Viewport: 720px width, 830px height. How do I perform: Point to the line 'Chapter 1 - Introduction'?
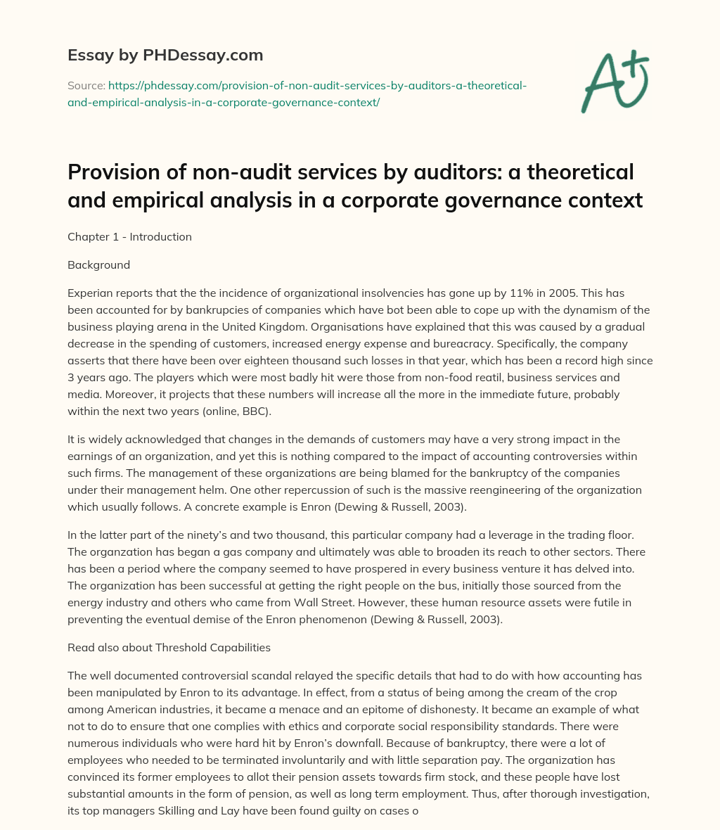pyautogui.click(x=129, y=237)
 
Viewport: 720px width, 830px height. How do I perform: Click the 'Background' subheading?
pyautogui.click(x=98, y=265)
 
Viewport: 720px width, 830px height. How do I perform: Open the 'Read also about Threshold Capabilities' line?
pyautogui.click(x=169, y=648)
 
